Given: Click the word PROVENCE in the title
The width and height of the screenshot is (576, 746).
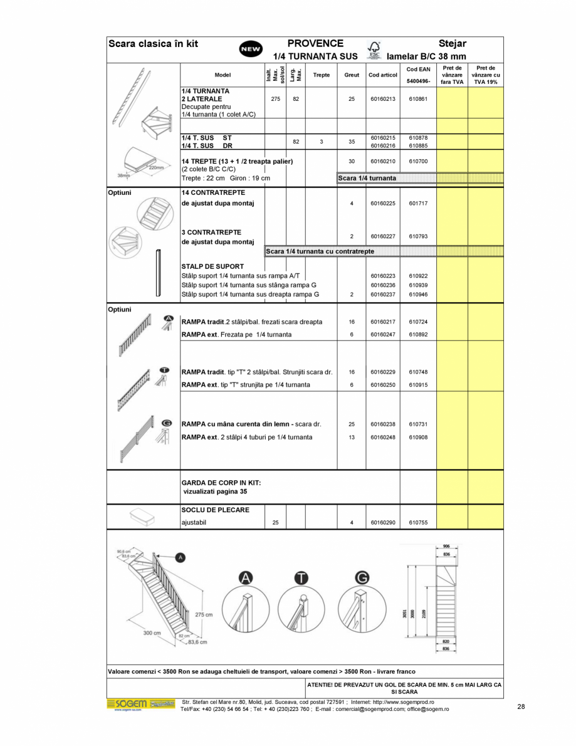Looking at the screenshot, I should (315, 43).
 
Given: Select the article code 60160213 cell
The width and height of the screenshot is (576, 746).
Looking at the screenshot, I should (383, 98).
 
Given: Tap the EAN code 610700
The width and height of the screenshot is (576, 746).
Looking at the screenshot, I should (418, 161).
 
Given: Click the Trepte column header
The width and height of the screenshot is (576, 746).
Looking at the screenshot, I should (321, 75).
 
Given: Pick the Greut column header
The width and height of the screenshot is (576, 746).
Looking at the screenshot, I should (352, 75).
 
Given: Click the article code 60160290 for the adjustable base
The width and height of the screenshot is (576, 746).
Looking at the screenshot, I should (383, 522).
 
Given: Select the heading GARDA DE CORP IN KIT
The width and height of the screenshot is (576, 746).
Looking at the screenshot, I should (221, 483).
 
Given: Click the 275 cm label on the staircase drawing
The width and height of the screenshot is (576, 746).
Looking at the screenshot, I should (204, 614).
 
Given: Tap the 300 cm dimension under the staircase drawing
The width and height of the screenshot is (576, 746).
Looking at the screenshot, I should (151, 633).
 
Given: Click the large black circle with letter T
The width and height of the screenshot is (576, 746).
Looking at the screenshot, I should (301, 578).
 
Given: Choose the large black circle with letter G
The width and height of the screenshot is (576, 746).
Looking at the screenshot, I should (362, 578).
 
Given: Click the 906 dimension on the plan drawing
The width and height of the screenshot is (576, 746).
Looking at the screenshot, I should (446, 546).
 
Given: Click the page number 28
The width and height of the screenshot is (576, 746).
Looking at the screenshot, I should (521, 707).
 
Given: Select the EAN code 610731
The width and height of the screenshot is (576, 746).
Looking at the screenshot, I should (418, 424).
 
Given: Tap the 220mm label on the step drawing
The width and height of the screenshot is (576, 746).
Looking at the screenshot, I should (155, 167).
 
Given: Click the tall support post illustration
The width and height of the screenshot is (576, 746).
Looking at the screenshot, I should (159, 273).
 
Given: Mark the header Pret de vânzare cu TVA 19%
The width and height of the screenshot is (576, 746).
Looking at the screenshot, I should (485, 75).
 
